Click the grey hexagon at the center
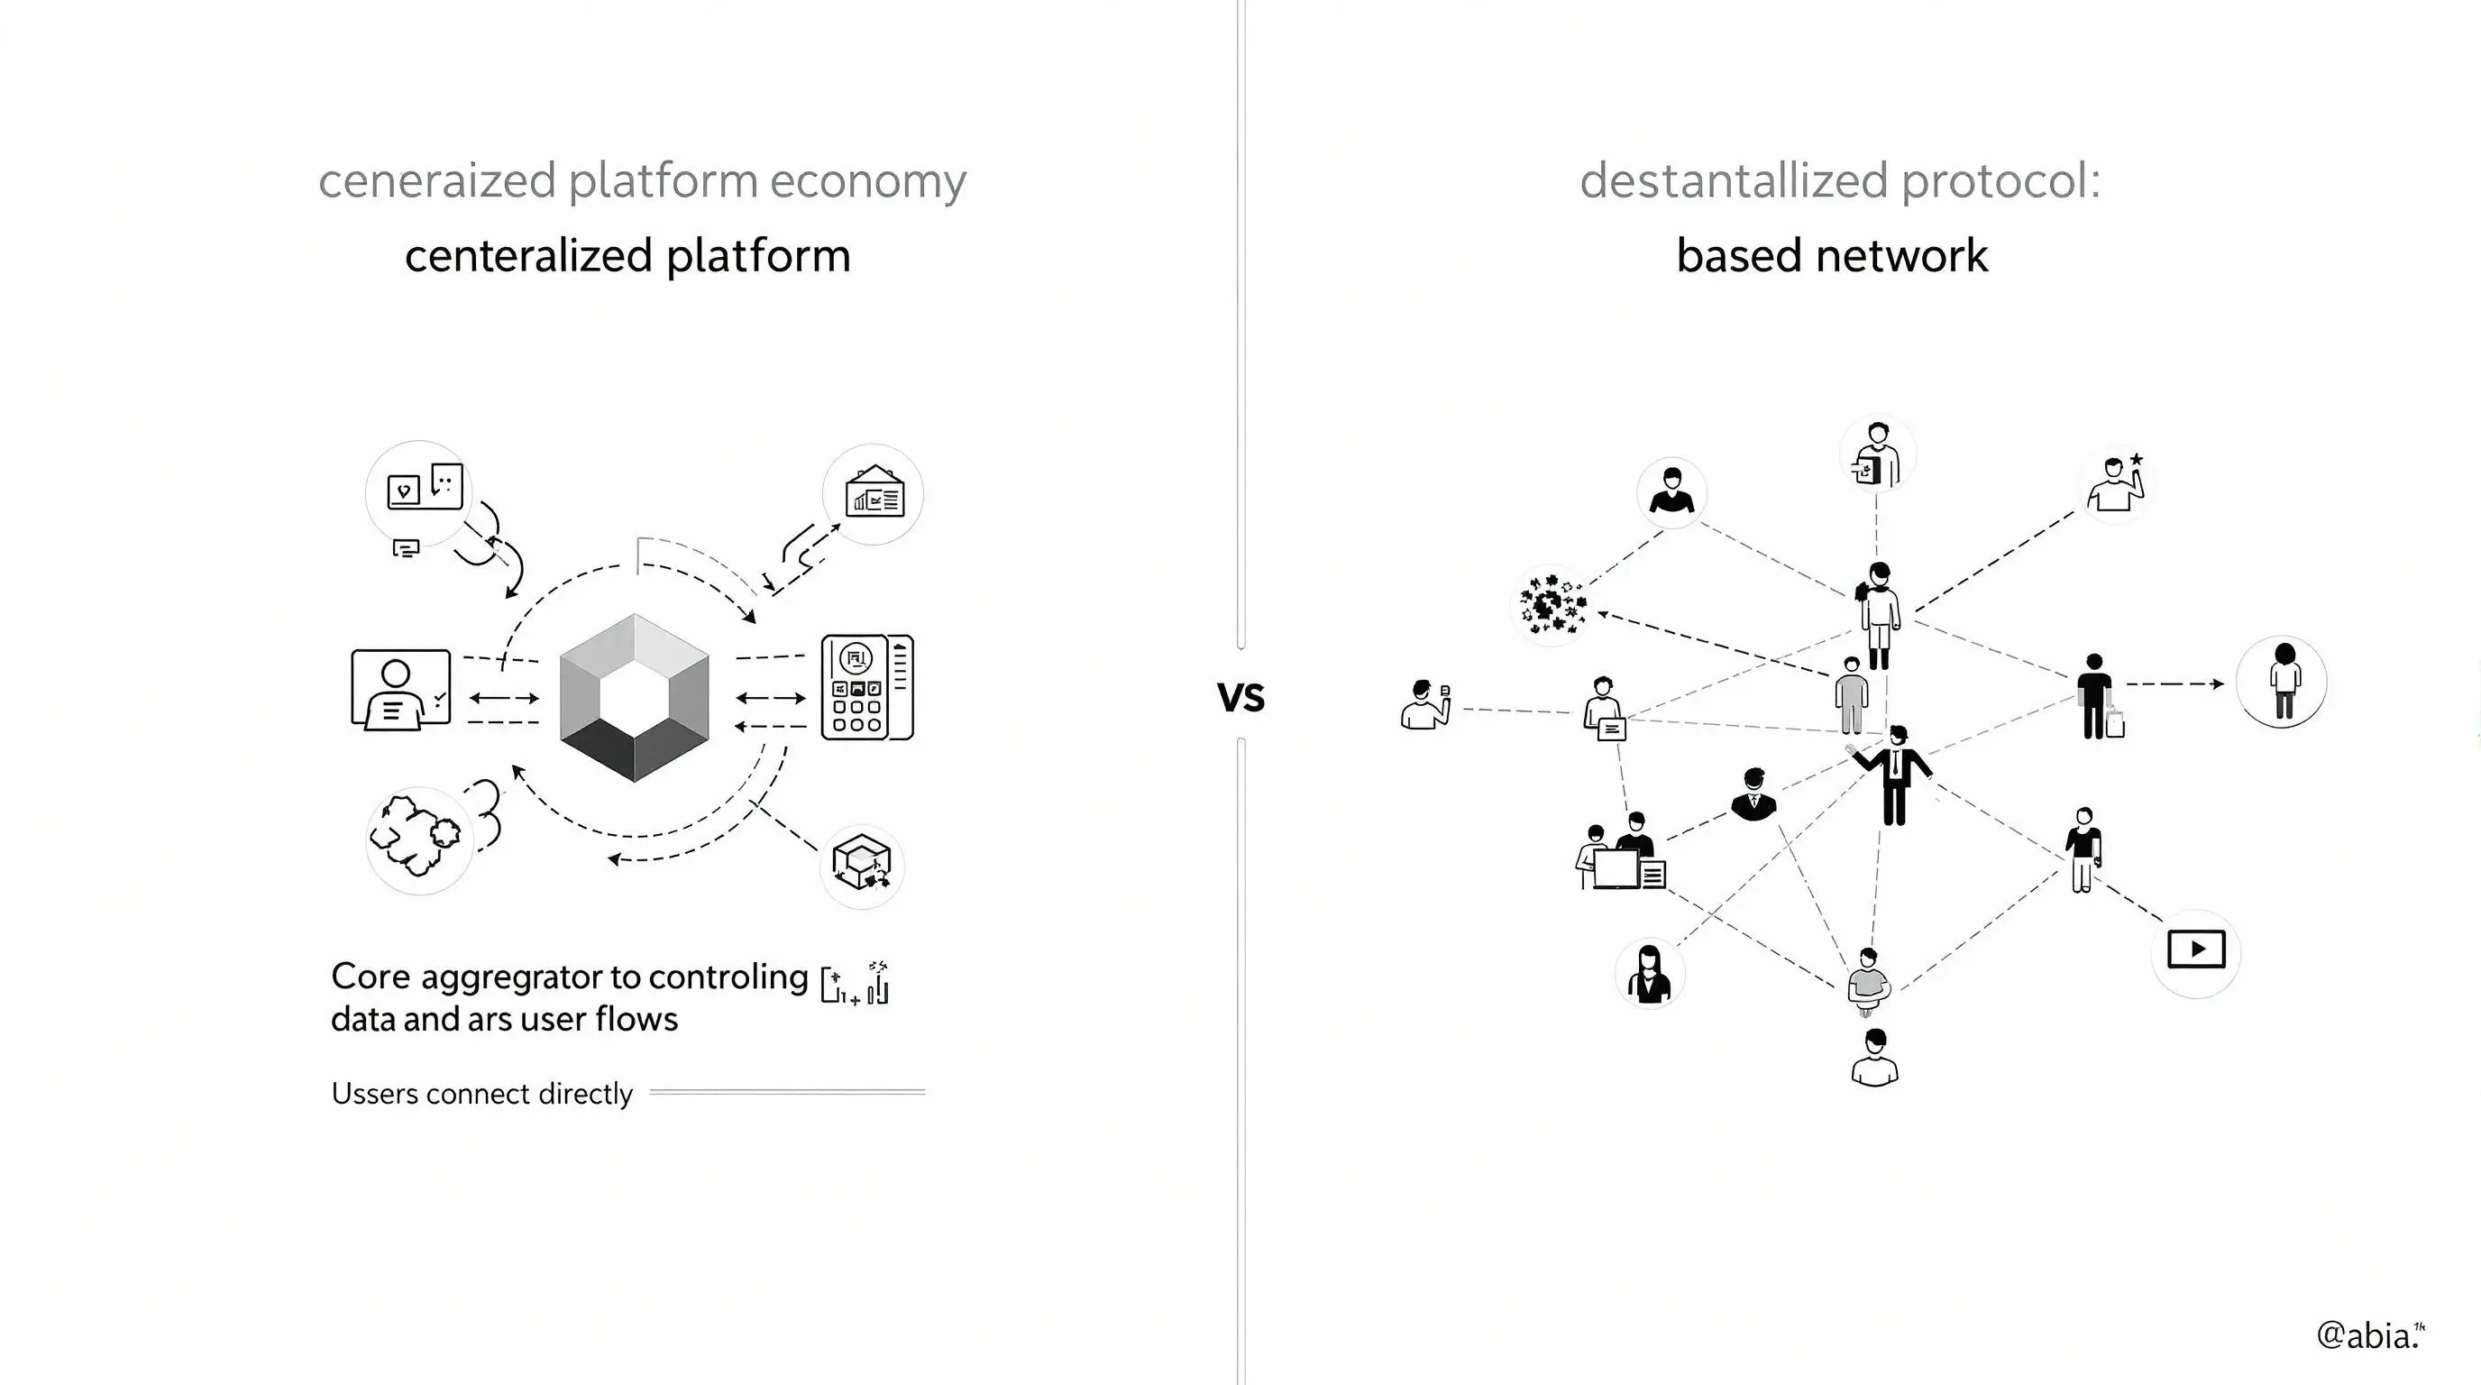634,697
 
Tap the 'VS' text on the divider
1240,697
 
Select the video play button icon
2196,949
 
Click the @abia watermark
2369,1335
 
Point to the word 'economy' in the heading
866,181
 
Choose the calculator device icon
866,688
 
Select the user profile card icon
400,690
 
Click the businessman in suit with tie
1893,775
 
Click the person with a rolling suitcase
2098,697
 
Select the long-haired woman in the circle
1649,974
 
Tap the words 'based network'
1832,256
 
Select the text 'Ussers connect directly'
481,1094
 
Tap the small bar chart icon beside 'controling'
856,983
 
